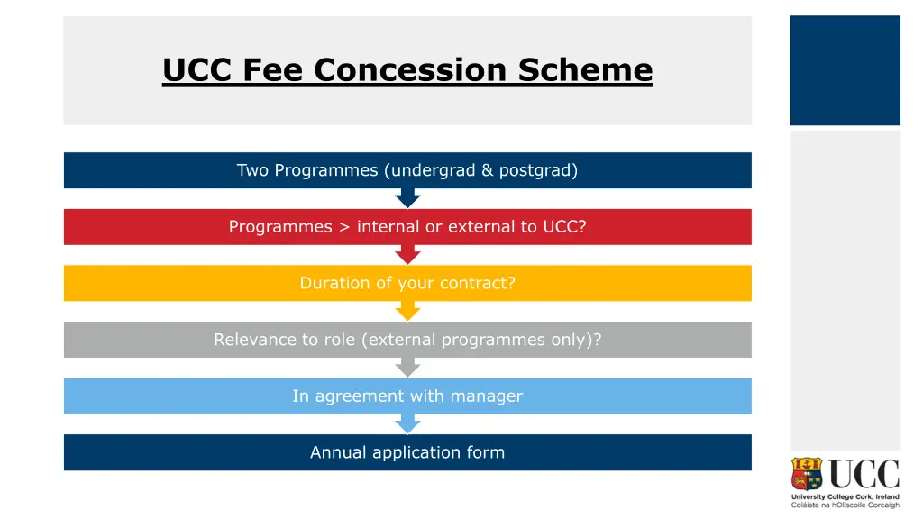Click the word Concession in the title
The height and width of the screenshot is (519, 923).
[414, 69]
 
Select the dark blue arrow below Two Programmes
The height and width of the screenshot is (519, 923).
[407, 198]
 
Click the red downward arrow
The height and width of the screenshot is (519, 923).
[407, 254]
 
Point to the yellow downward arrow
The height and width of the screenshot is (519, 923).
[407, 311]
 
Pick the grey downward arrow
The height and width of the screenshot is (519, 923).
[407, 367]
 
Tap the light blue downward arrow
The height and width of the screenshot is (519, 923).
[407, 423]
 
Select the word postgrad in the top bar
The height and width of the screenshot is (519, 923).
[537, 170]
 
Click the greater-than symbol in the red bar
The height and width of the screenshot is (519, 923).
[344, 227]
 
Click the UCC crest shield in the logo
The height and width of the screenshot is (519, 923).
[807, 474]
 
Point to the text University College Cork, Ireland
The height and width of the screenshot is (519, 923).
[845, 496]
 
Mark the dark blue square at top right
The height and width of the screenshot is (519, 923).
[845, 70]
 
